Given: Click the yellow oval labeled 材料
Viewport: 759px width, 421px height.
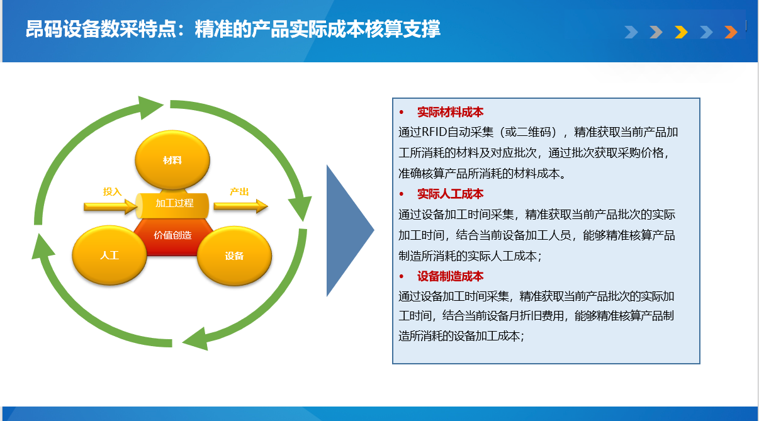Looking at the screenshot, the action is (x=172, y=160).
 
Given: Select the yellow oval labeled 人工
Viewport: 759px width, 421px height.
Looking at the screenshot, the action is (x=109, y=255).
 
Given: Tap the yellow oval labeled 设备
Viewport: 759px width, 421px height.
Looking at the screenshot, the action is (x=234, y=255).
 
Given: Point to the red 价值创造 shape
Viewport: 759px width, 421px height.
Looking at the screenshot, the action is (x=173, y=236).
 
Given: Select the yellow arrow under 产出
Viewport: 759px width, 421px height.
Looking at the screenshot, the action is (x=241, y=206).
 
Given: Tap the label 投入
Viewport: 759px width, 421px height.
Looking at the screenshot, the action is (x=112, y=192).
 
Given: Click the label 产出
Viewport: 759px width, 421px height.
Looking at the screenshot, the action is (x=239, y=192).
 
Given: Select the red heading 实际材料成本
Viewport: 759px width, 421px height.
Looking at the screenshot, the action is (x=451, y=112).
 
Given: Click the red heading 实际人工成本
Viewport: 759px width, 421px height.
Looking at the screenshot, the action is (x=451, y=194).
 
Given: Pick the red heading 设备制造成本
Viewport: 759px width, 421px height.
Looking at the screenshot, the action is (x=451, y=276).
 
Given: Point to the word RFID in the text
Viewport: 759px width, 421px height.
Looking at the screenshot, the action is (x=434, y=132).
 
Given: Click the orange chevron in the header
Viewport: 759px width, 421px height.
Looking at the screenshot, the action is (x=731, y=32).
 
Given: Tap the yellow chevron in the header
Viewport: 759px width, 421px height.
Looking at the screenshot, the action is (x=681, y=32).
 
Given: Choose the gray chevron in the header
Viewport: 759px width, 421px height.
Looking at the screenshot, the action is (x=656, y=32).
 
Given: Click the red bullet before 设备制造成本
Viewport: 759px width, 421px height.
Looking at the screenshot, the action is (x=402, y=277).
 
